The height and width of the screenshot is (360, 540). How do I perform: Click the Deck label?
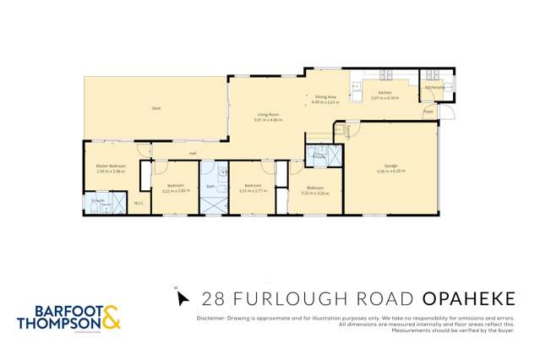click(x=155, y=108)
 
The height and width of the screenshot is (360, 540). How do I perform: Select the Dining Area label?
click(x=327, y=97)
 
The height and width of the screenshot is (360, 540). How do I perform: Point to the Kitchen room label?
click(x=385, y=92)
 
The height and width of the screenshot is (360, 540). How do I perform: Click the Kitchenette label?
click(x=434, y=87)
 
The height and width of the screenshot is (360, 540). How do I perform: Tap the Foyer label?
click(x=428, y=111)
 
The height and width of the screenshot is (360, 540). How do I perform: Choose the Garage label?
click(x=390, y=166)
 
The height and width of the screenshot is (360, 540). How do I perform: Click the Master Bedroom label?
click(x=111, y=166)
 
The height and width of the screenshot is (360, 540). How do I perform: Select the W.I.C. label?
click(x=139, y=204)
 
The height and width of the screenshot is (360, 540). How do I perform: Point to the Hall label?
click(x=193, y=153)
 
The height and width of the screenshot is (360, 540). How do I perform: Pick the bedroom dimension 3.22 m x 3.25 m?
click(x=315, y=193)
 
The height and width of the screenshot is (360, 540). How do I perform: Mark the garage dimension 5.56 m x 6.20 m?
click(x=391, y=172)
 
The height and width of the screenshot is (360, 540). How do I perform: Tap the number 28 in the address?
click(x=211, y=298)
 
